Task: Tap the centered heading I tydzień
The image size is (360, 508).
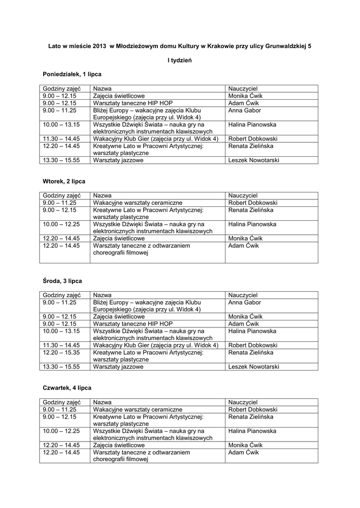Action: click(x=180, y=60)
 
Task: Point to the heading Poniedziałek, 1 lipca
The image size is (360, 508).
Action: click(x=72, y=74)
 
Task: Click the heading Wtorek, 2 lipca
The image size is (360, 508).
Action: click(x=64, y=182)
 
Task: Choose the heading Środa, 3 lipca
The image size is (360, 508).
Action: click(x=62, y=281)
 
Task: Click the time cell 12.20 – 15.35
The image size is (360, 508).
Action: click(x=61, y=352)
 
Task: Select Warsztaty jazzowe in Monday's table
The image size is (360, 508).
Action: click(x=118, y=160)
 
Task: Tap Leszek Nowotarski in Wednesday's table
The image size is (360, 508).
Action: click(x=254, y=367)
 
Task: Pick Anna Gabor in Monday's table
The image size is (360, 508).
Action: click(x=245, y=110)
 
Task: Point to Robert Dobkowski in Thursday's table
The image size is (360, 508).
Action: click(x=253, y=410)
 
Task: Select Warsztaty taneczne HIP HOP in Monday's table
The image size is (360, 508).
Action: click(x=129, y=103)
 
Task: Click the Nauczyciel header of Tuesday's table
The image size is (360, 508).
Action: click(x=243, y=196)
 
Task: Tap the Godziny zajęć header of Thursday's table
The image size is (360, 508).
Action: click(x=62, y=402)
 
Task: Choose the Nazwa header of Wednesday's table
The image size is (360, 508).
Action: click(x=102, y=295)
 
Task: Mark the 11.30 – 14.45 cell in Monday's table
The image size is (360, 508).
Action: click(x=61, y=139)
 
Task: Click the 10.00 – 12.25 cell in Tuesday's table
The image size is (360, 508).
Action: click(x=61, y=224)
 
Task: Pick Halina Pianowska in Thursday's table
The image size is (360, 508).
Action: click(x=252, y=431)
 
